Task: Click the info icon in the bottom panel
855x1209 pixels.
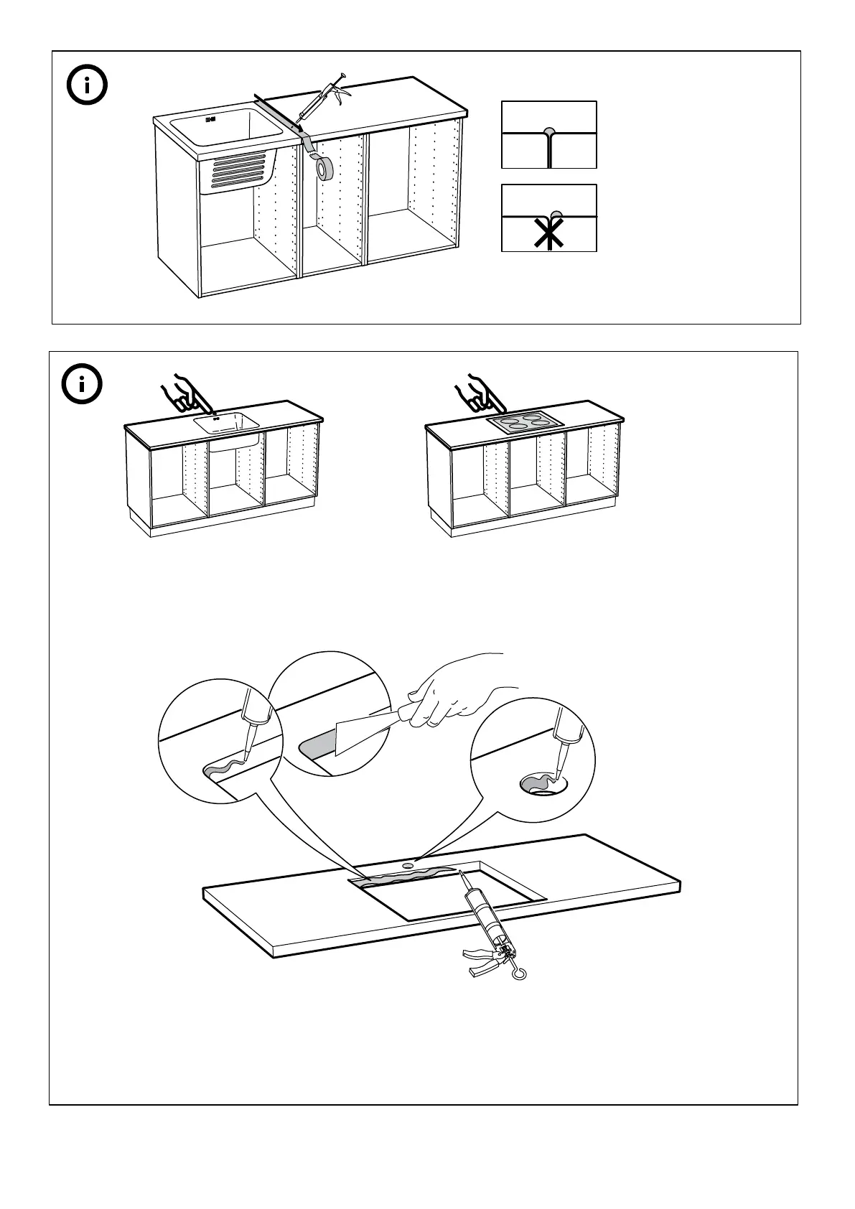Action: (x=83, y=385)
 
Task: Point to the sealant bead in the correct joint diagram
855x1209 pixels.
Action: (x=550, y=132)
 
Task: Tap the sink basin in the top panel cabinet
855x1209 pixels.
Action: (x=226, y=133)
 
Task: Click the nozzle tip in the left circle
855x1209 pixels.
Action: (x=246, y=754)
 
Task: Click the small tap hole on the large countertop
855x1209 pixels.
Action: (x=410, y=865)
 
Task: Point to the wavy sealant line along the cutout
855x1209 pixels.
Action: (x=409, y=875)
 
